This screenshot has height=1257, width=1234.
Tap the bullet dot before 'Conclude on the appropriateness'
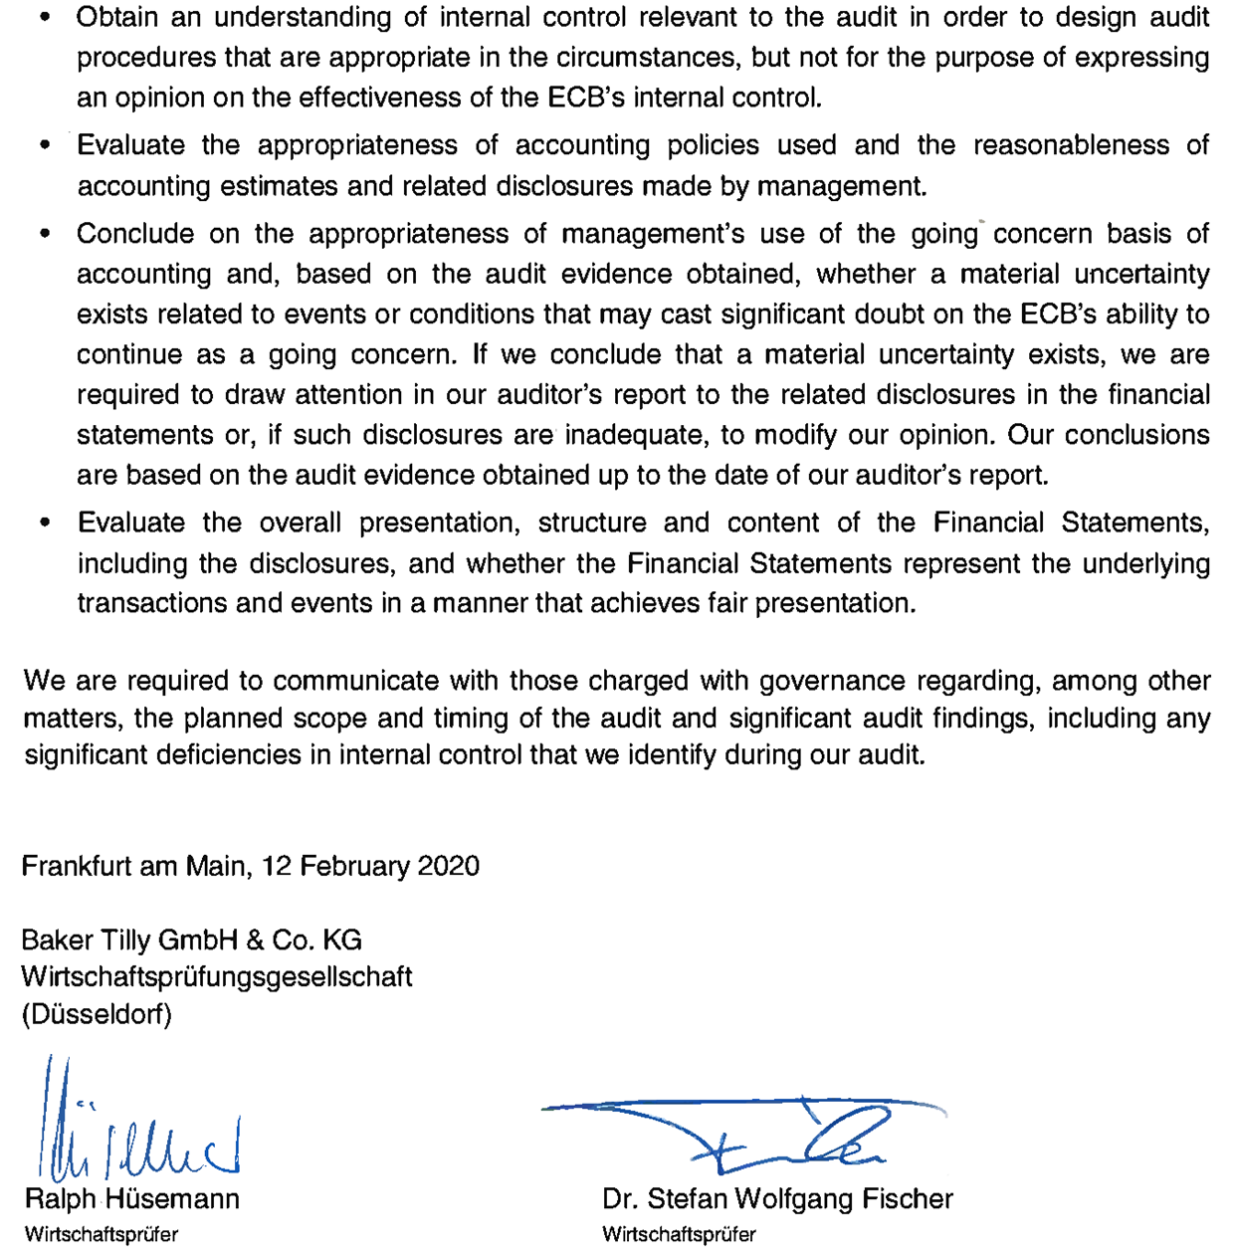pos(45,235)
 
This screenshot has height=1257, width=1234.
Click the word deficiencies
pos(221,754)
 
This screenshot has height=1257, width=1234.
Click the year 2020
pos(448,866)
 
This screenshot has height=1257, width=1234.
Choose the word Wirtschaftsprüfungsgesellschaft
pos(217,977)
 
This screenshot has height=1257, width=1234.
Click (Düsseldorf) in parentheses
pos(97,1014)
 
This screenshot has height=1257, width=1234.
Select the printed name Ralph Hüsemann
pos(132,1199)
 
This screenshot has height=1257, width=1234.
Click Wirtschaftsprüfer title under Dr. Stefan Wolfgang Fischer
pos(679,1235)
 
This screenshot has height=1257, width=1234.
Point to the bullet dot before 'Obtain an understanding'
pos(45,19)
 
